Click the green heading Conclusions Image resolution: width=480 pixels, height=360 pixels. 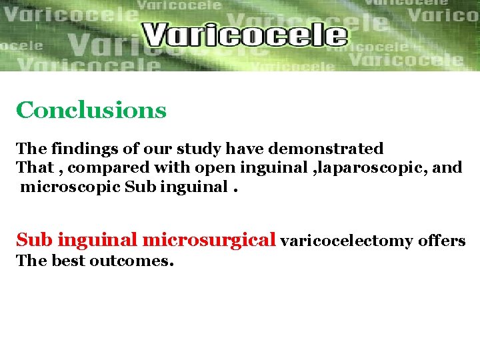[x=91, y=110]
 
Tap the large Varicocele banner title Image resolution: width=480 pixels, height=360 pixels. [x=245, y=35]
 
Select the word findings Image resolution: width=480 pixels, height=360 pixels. [x=77, y=148]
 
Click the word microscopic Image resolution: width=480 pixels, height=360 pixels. [x=70, y=187]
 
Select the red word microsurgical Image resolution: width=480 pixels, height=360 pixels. [x=209, y=239]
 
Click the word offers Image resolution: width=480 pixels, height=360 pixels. [x=442, y=241]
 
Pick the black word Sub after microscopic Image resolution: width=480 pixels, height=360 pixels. [x=138, y=187]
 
